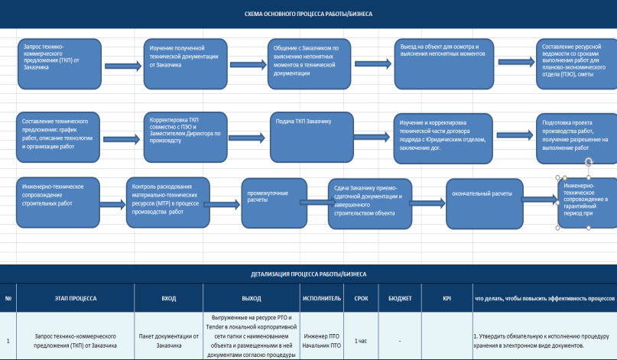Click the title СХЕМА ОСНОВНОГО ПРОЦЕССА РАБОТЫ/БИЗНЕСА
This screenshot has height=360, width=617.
(308, 15)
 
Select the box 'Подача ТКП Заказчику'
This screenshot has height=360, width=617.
(312, 138)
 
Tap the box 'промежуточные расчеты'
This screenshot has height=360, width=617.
(274, 203)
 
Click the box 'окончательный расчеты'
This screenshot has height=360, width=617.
(485, 204)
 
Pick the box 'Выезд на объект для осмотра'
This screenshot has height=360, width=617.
(444, 63)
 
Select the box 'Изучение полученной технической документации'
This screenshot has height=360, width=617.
(185, 63)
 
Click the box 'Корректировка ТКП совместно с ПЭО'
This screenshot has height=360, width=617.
(185, 138)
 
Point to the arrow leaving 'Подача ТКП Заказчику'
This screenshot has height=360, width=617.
(372, 137)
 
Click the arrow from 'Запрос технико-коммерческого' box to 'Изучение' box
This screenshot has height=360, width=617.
(123, 66)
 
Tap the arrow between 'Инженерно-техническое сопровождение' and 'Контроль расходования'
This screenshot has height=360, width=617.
(112, 204)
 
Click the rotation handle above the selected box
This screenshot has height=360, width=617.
(589, 162)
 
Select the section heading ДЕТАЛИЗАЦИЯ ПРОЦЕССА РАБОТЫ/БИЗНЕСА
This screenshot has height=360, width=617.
(309, 274)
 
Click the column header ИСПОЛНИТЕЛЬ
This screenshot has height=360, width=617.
(322, 298)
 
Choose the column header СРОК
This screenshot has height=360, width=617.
(361, 298)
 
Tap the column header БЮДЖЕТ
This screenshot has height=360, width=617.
(400, 298)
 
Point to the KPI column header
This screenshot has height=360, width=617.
(447, 298)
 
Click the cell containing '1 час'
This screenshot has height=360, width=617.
(361, 341)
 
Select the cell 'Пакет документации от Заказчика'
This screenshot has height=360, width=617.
(169, 341)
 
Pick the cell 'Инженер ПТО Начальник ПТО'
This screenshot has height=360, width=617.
(322, 341)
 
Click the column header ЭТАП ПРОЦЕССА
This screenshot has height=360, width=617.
(76, 298)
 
